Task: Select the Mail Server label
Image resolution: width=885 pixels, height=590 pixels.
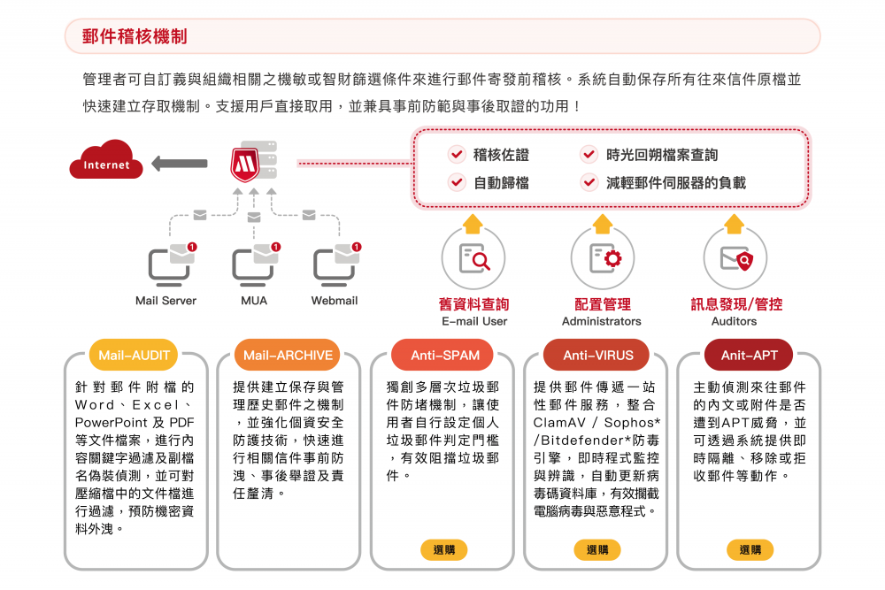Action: point(165,301)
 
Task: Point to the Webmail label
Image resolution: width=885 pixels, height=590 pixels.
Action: point(335,301)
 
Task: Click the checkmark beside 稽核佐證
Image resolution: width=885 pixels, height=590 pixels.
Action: point(457,155)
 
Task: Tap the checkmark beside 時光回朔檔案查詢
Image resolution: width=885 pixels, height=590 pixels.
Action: point(589,155)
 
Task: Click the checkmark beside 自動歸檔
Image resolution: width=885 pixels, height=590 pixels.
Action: point(457,183)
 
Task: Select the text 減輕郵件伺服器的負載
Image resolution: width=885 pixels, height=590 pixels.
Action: point(676,183)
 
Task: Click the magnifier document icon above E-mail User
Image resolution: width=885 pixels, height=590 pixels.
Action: point(473,258)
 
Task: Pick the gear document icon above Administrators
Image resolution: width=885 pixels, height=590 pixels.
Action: point(602,258)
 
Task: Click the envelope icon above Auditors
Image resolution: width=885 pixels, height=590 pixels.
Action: point(735,258)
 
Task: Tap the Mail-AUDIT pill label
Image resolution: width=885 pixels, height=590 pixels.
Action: point(135,356)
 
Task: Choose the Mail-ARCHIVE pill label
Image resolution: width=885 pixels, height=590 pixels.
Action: point(289,356)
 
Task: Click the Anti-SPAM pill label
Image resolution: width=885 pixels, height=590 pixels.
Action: point(444,356)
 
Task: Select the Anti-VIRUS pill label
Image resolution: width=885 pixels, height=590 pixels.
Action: point(598,356)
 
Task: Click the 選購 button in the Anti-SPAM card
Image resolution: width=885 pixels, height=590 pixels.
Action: point(444,549)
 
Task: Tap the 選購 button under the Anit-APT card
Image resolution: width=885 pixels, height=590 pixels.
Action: point(750,549)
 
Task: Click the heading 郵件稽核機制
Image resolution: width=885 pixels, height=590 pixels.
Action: point(135,36)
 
